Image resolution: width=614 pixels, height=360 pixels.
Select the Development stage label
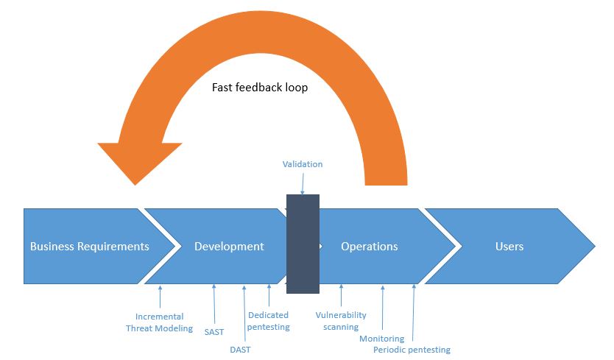click(x=229, y=247)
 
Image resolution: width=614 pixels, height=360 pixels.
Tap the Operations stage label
click(x=369, y=247)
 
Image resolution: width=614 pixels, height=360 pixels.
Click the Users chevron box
click(x=509, y=247)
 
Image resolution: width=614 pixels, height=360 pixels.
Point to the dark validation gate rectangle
click(x=303, y=244)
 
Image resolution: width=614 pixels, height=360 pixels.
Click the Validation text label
click(x=303, y=164)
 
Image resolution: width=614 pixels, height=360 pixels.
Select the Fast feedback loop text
click(x=260, y=88)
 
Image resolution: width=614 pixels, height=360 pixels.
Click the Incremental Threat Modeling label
click(x=159, y=322)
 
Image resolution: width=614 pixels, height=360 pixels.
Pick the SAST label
click(x=214, y=331)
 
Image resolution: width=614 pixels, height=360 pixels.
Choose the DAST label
click(x=240, y=350)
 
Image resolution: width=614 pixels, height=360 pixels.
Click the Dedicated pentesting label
click(x=269, y=321)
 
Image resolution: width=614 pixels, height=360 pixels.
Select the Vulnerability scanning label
click(x=341, y=321)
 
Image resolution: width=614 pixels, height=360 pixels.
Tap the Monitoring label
click(x=381, y=339)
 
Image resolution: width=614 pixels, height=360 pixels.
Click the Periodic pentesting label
click(x=412, y=350)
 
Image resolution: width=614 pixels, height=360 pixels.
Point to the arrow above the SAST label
click(x=214, y=304)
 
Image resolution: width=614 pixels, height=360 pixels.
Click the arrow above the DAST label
click(x=242, y=313)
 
